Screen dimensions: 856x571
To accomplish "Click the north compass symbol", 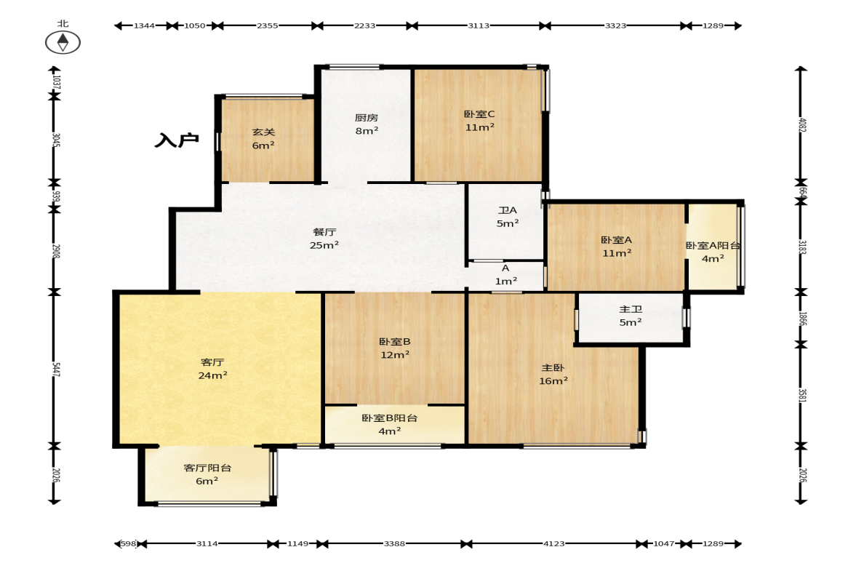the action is [63, 42].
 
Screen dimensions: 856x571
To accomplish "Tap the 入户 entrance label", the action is [176, 140].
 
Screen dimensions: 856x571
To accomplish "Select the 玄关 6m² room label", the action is [263, 139].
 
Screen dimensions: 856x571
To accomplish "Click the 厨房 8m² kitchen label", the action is [367, 124].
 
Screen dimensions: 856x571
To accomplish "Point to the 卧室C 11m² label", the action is [479, 121].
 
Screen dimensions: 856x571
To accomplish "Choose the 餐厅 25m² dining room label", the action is [324, 239].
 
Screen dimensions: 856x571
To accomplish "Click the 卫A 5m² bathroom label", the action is [507, 217].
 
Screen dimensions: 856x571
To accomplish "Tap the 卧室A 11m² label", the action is [616, 246].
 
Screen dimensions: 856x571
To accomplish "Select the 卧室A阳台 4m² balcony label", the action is [713, 252].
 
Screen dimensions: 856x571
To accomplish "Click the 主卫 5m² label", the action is [630, 316].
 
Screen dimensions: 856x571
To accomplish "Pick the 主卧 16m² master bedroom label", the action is [553, 374].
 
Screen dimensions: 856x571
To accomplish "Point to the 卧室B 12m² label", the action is [395, 348].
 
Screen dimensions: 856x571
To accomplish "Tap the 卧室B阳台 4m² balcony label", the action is [389, 424].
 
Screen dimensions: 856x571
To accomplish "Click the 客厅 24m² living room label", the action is [212, 369].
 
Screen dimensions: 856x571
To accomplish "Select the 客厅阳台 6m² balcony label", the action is [207, 474].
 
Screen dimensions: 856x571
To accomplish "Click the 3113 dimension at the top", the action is [479, 25].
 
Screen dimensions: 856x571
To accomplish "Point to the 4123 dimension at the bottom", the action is [553, 543].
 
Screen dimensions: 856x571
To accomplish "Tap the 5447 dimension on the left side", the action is [55, 369].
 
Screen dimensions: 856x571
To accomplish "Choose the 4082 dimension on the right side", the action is [802, 125].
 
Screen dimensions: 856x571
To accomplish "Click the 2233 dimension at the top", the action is [364, 25].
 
